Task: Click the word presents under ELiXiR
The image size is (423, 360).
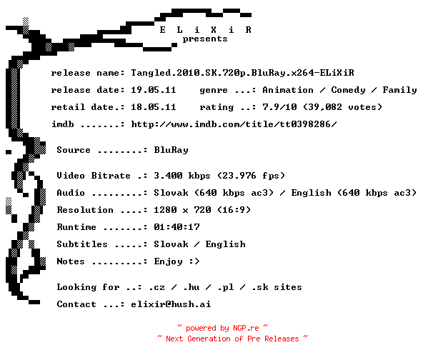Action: (205, 39)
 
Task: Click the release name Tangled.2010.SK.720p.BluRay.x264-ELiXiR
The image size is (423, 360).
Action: (242, 73)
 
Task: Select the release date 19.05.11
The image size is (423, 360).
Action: (154, 90)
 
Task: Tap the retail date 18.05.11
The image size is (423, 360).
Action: (154, 107)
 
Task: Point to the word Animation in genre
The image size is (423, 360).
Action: (288, 90)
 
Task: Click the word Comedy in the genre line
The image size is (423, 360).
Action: (348, 90)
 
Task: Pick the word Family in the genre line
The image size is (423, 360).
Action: (399, 90)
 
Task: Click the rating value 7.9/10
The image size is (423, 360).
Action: (279, 107)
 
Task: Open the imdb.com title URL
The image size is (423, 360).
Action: (234, 124)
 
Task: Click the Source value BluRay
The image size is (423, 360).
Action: (171, 150)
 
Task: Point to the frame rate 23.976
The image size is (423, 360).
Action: (239, 176)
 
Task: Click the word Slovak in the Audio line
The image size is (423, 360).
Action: (171, 193)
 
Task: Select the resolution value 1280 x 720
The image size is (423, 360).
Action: (182, 210)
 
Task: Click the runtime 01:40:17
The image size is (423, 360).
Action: (176, 227)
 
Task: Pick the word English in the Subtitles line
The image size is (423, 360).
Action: (226, 244)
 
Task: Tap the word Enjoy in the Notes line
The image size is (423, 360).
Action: (168, 261)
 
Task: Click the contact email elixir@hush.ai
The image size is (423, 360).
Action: (171, 304)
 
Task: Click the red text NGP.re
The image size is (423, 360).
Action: (246, 328)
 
